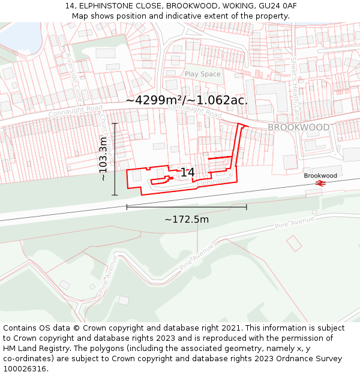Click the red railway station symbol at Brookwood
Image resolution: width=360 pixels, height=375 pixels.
pyautogui.click(x=320, y=183)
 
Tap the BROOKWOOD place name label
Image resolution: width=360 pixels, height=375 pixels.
pyautogui.click(x=298, y=128)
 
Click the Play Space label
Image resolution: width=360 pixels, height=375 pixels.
pyautogui.click(x=202, y=74)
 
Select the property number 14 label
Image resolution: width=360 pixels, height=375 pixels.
pyautogui.click(x=187, y=172)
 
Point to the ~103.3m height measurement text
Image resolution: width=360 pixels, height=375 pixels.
pyautogui.click(x=103, y=159)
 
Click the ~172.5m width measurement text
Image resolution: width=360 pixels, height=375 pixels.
pyautogui.click(x=187, y=220)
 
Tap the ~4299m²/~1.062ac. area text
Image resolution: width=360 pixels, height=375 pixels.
pyautogui.click(x=187, y=100)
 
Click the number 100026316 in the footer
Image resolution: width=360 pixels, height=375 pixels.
pyautogui.click(x=25, y=369)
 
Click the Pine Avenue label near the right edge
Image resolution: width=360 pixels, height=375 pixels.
pyautogui.click(x=295, y=223)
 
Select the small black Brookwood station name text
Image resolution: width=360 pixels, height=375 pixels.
pyautogui.click(x=320, y=176)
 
